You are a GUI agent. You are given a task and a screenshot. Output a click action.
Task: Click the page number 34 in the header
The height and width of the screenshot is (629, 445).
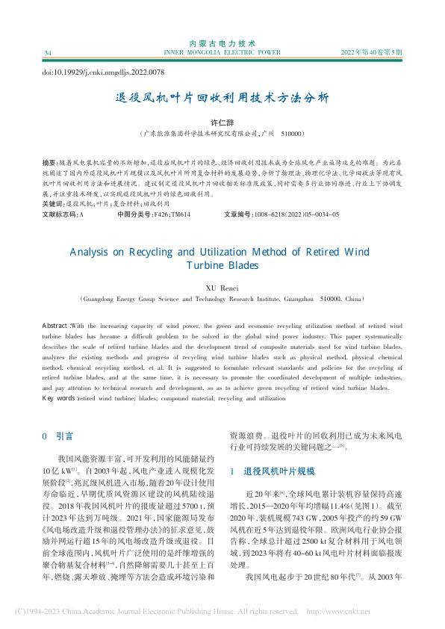tap(48, 53)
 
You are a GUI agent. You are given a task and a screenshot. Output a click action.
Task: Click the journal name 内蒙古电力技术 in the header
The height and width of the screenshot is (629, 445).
tap(222, 44)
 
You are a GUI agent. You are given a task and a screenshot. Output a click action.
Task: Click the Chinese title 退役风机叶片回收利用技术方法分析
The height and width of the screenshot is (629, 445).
tap(222, 98)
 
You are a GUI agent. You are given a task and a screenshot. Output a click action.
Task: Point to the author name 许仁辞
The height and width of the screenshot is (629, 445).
tap(222, 121)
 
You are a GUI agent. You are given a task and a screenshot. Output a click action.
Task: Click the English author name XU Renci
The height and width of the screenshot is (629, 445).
tap(222, 286)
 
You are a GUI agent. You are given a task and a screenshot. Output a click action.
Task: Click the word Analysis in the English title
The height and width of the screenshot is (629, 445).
tap(94, 252)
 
